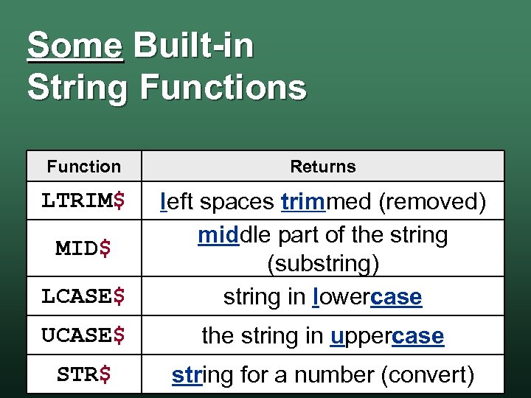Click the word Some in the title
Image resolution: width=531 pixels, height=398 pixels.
tap(74, 46)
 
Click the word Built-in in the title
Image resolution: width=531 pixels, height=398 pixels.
tap(193, 46)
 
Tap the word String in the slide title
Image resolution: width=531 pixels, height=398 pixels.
tap(77, 88)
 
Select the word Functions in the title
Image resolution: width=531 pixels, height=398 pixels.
tap(223, 88)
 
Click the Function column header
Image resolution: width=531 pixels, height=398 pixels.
tap(83, 167)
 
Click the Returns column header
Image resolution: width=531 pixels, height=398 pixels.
tap(322, 167)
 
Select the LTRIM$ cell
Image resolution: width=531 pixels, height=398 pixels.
tap(83, 200)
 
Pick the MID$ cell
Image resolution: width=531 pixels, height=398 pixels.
tap(83, 248)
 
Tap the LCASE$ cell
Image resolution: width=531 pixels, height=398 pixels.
tap(83, 296)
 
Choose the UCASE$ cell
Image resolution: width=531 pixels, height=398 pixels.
tap(83, 335)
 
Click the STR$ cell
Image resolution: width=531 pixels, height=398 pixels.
tap(83, 374)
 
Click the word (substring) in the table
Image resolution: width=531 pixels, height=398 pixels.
tap(322, 264)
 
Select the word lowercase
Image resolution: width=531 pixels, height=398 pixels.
tap(367, 297)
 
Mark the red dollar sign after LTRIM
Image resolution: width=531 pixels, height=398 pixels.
tap(118, 200)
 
